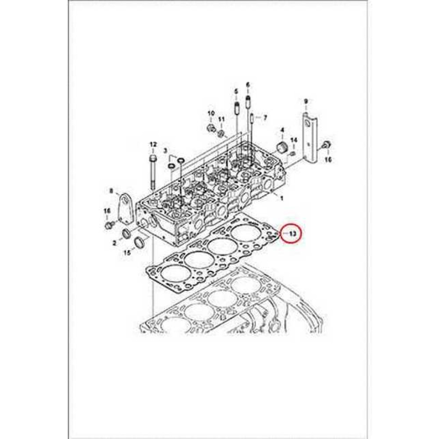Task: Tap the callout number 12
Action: (x=153, y=144)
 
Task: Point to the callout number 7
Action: (x=265, y=118)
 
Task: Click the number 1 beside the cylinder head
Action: (x=281, y=198)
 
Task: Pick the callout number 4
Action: (x=282, y=130)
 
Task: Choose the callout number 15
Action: (x=127, y=252)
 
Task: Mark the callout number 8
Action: (x=111, y=191)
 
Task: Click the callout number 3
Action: (x=166, y=151)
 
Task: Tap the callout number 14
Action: (x=294, y=140)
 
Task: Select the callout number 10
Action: (x=210, y=114)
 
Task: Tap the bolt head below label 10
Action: (x=210, y=128)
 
